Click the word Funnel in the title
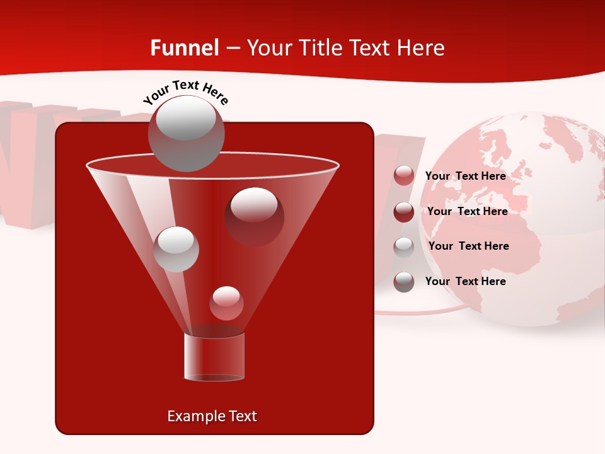tap(184, 48)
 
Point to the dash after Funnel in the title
tap(232, 48)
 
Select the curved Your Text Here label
tap(186, 91)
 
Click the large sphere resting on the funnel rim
tap(186, 134)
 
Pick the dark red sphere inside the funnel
tap(254, 216)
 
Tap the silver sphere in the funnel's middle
tap(176, 249)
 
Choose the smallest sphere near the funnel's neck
tap(226, 303)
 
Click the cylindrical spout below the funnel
tap(214, 357)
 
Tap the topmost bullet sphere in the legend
tap(404, 176)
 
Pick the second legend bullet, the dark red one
tap(404, 211)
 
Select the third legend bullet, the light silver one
tap(404, 247)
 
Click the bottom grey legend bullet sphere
tap(404, 282)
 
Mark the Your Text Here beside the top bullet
tap(465, 176)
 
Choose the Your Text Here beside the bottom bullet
tap(465, 281)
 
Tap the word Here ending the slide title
tap(423, 48)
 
